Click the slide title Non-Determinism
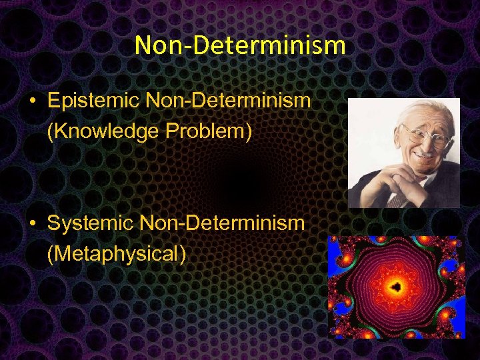click(240, 45)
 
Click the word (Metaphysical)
click(117, 253)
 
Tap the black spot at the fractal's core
click(396, 287)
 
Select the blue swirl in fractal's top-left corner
click(344, 253)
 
